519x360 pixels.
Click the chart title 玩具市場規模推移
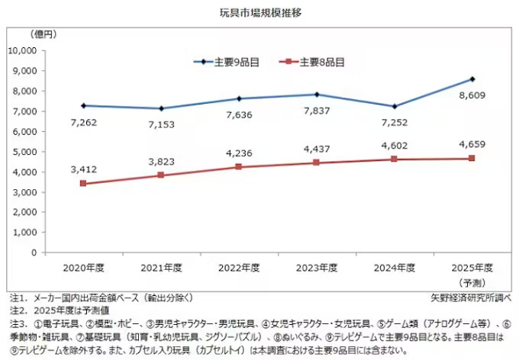tap(259, 13)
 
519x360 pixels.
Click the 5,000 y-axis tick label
tap(29, 152)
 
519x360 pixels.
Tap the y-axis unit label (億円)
tap(44, 34)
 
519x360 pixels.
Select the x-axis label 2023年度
tap(316, 268)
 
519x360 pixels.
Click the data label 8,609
tap(473, 96)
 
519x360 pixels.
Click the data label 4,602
tap(395, 143)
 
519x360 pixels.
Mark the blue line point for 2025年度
tap(472, 79)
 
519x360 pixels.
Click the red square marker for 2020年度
tap(82, 184)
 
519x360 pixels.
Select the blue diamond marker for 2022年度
tap(238, 98)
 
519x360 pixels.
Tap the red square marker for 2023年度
tap(316, 162)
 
